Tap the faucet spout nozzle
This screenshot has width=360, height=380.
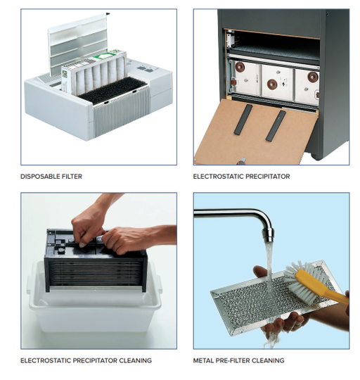269,234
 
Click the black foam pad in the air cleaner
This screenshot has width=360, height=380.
112,91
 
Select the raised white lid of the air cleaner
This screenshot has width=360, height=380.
78,44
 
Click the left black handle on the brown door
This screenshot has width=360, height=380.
243,119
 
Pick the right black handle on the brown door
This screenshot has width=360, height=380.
276,126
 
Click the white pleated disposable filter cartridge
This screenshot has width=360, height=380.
94,72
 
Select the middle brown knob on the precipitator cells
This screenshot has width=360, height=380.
272,84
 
